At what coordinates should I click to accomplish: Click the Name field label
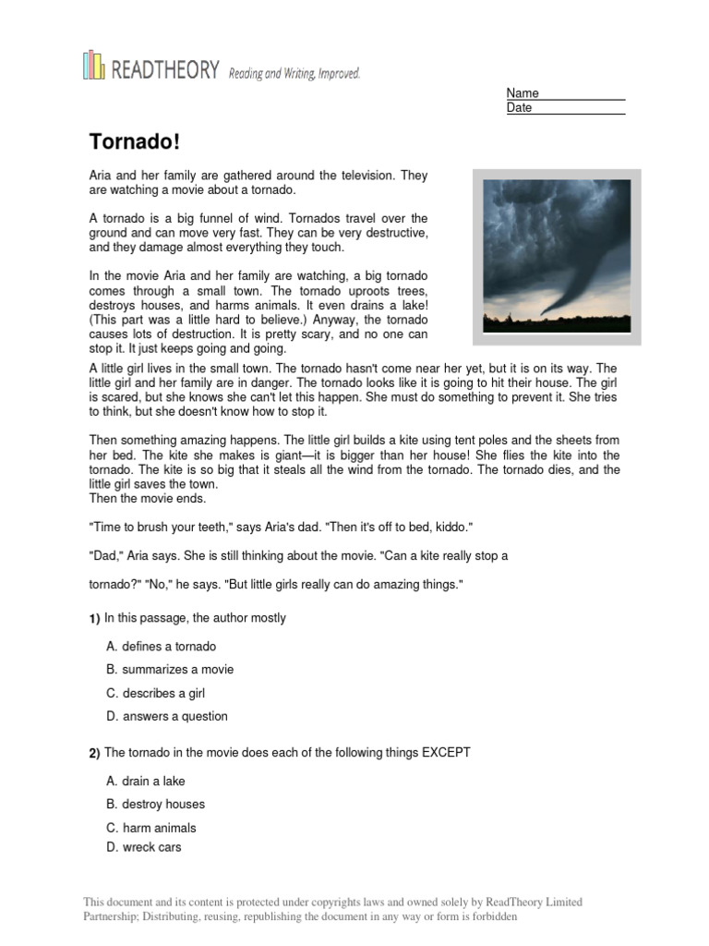pos(523,93)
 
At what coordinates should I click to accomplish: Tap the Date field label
pos(520,108)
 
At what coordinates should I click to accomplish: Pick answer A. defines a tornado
pos(161,647)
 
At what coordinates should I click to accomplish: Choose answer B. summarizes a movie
pos(170,670)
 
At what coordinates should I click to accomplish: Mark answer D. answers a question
pos(167,716)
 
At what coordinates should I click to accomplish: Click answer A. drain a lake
pos(146,782)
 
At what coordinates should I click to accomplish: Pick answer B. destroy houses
pos(155,805)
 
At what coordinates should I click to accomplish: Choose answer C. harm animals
pos(151,828)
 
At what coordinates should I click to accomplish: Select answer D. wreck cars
pos(144,847)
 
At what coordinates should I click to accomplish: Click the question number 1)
pos(94,619)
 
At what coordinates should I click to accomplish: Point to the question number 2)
pos(94,754)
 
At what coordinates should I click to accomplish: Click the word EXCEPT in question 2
pos(447,753)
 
